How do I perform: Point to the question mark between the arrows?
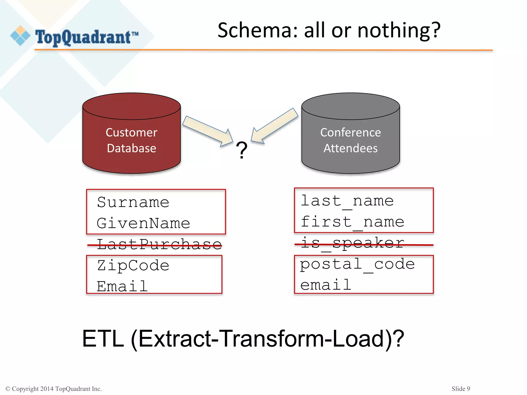tap(242, 150)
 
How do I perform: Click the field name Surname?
tap(133, 202)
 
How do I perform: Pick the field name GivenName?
tap(143, 223)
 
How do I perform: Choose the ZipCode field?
tap(133, 265)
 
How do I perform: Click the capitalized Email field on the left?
tap(122, 286)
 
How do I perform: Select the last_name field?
tap(347, 201)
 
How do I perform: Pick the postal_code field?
tap(357, 264)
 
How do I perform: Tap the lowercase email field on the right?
tap(326, 285)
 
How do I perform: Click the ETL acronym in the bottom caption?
tap(103, 339)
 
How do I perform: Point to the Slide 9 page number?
tap(461, 389)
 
